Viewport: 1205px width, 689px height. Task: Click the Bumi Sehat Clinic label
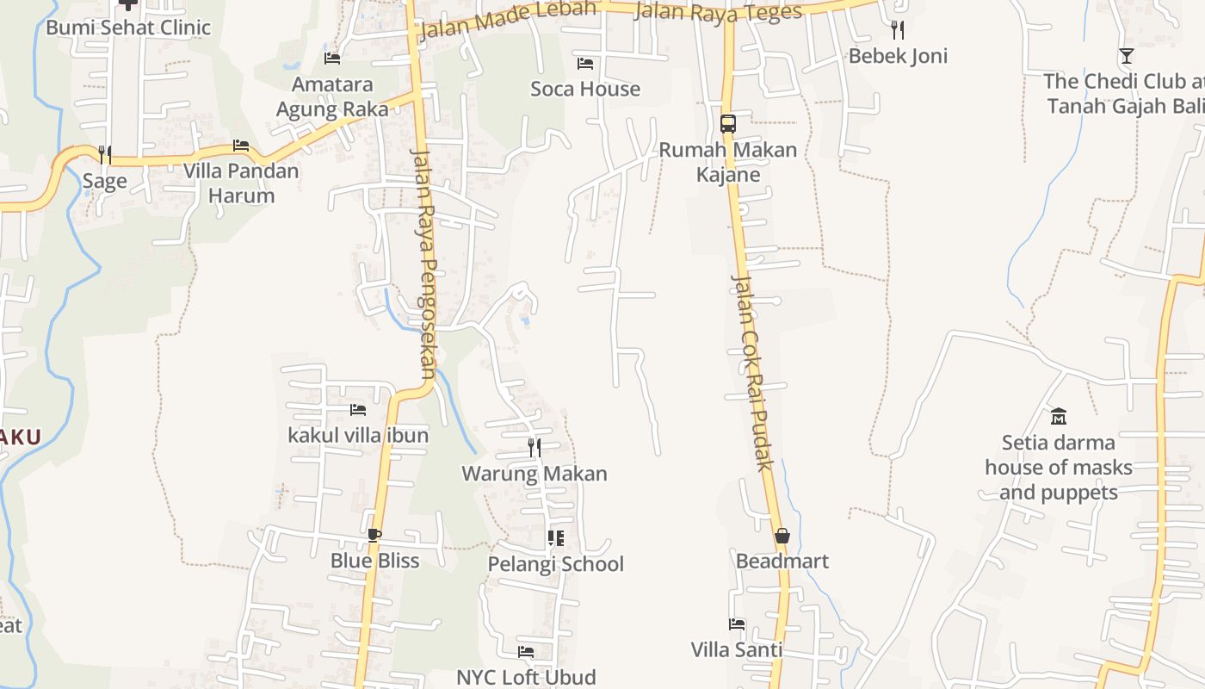[x=128, y=28]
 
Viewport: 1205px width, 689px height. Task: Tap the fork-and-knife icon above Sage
[x=104, y=155]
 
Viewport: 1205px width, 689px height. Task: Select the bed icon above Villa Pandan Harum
[x=241, y=146]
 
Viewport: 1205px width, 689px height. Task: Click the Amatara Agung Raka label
[x=332, y=96]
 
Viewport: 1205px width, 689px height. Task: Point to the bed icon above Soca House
[x=585, y=64]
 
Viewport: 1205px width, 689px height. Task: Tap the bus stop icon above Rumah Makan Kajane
[x=728, y=123]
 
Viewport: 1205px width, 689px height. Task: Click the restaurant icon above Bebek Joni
[x=898, y=31]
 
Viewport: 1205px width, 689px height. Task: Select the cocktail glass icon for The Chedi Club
[x=1126, y=56]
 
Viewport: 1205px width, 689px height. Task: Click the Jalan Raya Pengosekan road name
[x=425, y=264]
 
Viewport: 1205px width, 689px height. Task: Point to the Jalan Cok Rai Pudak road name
[x=751, y=372]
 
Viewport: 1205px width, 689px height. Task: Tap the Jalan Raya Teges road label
[x=718, y=12]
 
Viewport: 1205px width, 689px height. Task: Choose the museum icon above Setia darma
[x=1058, y=417]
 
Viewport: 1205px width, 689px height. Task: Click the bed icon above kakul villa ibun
[x=358, y=410]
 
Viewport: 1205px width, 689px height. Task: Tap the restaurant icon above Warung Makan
[x=535, y=448]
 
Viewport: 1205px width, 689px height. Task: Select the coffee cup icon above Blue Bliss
[x=374, y=535]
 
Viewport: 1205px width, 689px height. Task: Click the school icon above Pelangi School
[x=556, y=539]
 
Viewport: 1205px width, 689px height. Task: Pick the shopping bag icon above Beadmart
[x=782, y=536]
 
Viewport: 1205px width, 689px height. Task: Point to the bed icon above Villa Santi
[x=737, y=624]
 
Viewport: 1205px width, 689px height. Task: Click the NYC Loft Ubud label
[x=526, y=677]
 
